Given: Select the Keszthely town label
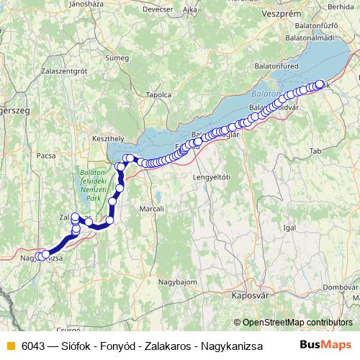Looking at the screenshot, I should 108,135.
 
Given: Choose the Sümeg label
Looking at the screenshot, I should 117,56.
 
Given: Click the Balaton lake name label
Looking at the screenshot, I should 265,94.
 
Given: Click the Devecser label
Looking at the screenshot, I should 158,11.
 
